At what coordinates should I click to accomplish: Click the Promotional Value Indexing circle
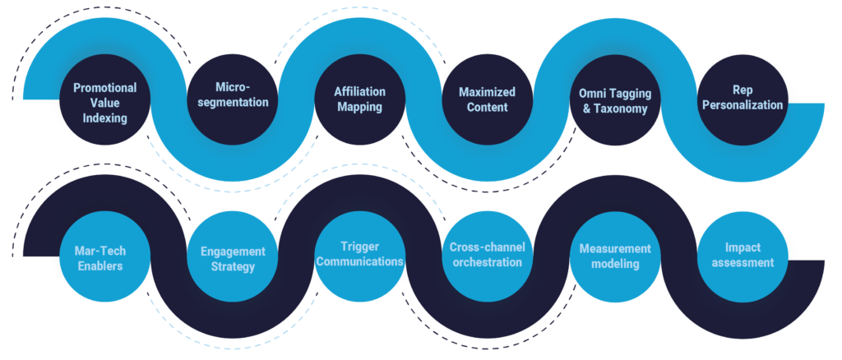coord(105,102)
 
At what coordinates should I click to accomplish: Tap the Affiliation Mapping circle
coord(360,99)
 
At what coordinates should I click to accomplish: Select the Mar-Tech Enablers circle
coord(105,256)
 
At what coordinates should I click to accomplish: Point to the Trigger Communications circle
coord(360,254)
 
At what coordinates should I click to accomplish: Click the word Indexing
coord(105,118)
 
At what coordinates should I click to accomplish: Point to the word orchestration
coord(486,262)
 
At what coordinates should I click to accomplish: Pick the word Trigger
coord(360,246)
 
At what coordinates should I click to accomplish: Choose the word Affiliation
coord(360,91)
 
